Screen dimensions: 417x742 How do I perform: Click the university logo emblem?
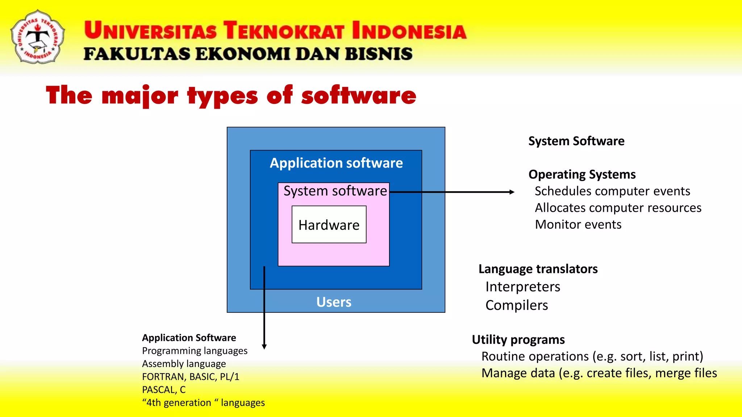(38, 37)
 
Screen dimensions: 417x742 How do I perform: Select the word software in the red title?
(359, 96)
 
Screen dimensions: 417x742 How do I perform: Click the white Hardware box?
(329, 225)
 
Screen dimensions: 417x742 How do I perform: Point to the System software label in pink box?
(335, 191)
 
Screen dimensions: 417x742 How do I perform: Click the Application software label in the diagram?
(336, 163)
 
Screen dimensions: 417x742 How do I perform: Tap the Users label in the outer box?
(334, 302)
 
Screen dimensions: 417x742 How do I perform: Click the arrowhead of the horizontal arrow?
(512, 192)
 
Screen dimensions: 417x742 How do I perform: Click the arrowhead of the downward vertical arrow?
(264, 346)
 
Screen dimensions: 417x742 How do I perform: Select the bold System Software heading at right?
(576, 141)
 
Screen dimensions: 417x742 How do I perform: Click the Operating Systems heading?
(582, 174)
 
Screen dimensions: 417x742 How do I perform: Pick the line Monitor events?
(578, 224)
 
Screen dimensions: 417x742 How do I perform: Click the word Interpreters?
(523, 287)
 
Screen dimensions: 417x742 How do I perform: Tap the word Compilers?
(517, 305)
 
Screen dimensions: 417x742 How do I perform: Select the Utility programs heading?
(518, 340)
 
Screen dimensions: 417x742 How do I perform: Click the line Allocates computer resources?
(618, 208)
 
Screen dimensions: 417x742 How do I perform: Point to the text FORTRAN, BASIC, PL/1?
(191, 377)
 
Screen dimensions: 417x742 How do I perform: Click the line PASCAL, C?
(164, 390)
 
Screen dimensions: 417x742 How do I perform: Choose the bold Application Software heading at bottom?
(189, 338)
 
